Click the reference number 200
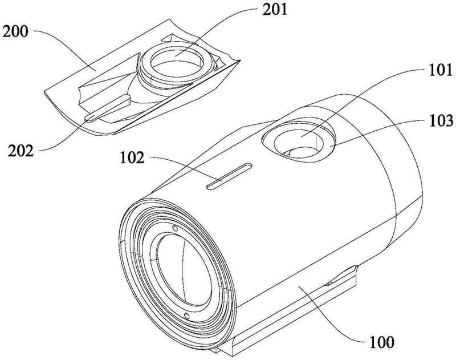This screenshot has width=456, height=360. [15, 31]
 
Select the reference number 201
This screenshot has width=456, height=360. [275, 10]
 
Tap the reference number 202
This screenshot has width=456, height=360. [21, 151]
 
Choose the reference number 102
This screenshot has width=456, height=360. [132, 158]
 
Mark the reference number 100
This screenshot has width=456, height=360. [382, 342]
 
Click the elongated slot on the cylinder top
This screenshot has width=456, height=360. [230, 176]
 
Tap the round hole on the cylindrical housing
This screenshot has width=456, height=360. [299, 139]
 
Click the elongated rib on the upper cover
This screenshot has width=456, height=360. [108, 108]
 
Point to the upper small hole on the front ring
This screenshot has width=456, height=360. [175, 228]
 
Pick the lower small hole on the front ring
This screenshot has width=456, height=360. [187, 316]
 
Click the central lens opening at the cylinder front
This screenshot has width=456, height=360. [184, 270]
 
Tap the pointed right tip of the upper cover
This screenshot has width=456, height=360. [240, 60]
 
